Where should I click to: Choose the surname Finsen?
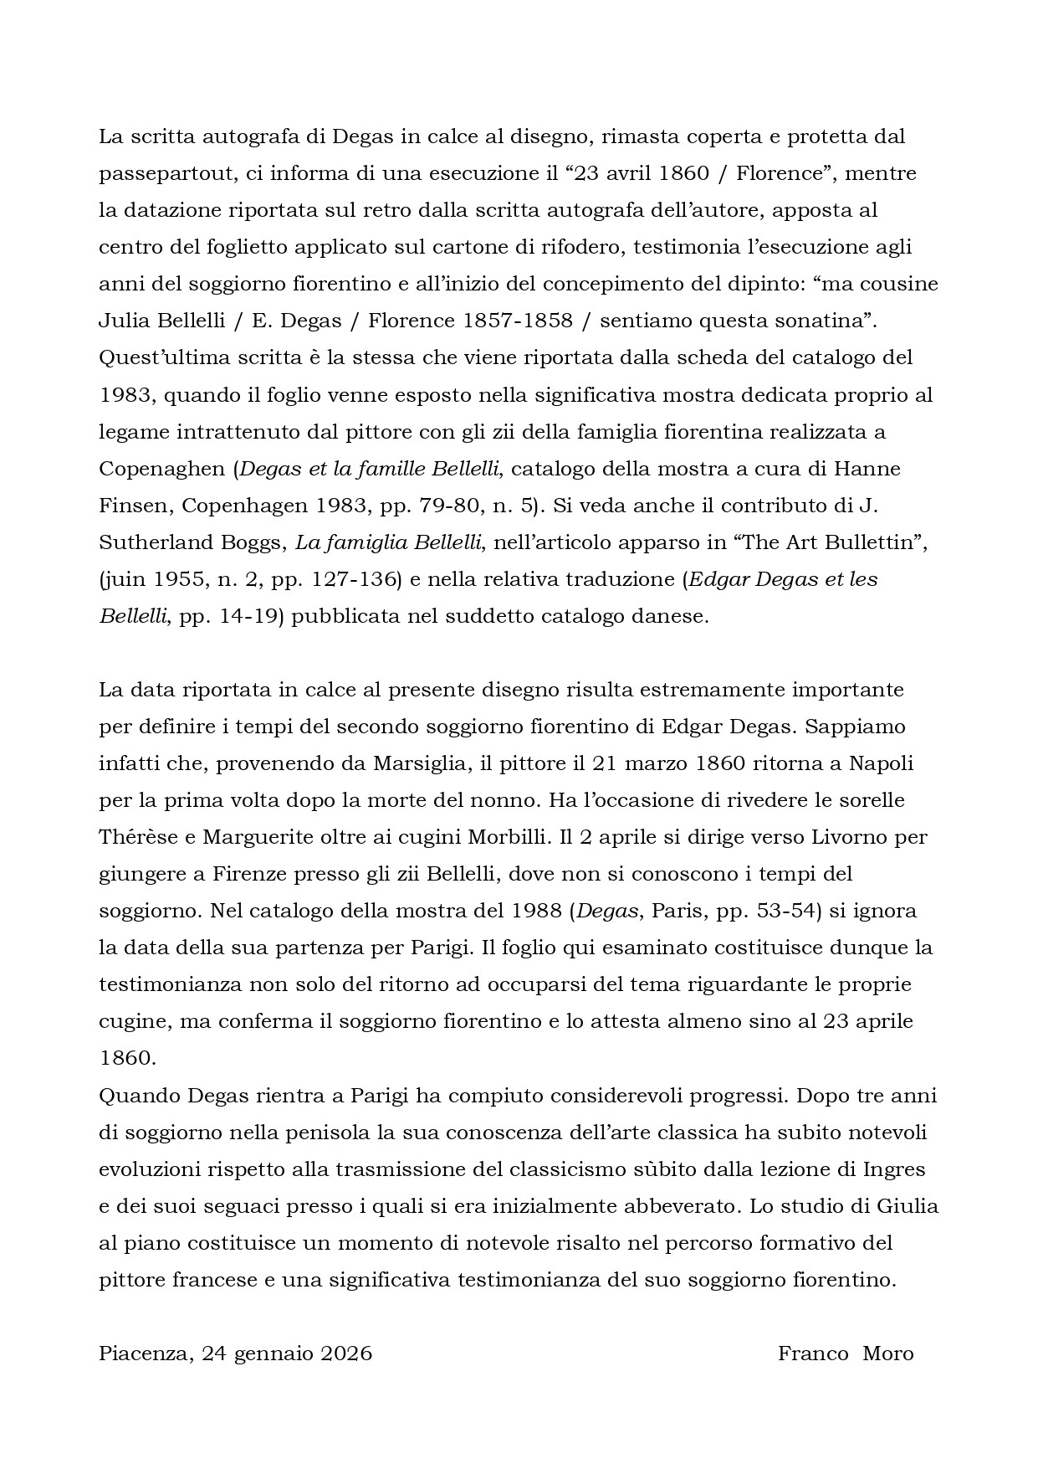(133, 506)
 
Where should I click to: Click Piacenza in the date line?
(146, 1354)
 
